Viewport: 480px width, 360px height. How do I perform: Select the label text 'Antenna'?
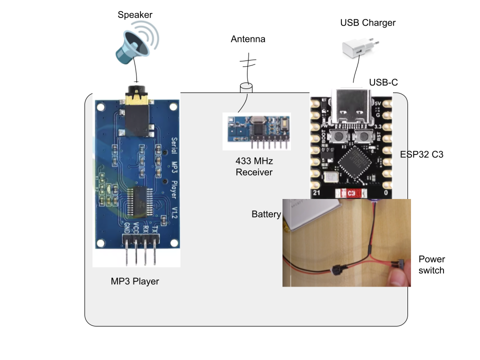[248, 39]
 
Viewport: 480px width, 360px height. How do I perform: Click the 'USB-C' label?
[383, 82]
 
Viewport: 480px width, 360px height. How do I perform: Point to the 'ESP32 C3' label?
[422, 154]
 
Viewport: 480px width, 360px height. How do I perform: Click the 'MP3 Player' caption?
[134, 281]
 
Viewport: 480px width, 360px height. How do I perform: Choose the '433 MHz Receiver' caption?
[254, 167]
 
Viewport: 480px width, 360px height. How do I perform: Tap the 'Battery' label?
[266, 214]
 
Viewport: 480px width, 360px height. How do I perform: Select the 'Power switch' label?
[431, 264]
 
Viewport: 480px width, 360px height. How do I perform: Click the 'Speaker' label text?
[135, 15]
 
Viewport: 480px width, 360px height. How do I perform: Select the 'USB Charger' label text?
[367, 22]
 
